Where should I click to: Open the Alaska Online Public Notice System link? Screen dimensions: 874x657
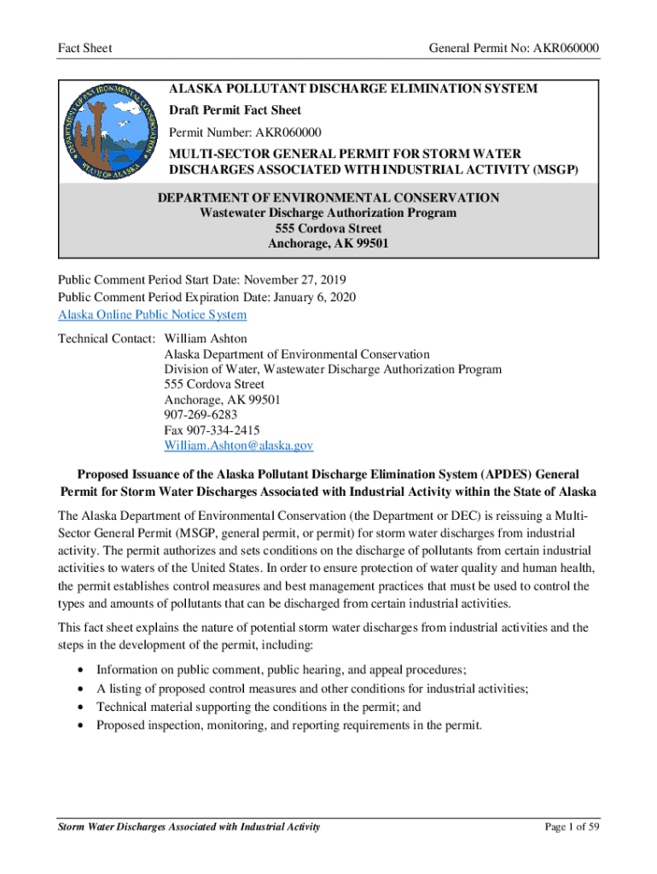(152, 315)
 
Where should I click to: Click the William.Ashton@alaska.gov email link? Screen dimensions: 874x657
(239, 446)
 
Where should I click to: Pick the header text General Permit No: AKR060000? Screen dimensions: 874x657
(513, 49)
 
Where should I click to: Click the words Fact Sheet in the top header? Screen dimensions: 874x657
(85, 49)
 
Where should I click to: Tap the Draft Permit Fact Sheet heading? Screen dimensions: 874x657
(235, 111)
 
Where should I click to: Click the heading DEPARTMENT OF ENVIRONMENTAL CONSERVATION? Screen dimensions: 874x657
(328, 198)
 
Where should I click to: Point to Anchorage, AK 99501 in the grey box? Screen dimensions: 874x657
(328, 244)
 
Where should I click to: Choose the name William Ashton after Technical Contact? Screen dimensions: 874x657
(206, 339)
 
